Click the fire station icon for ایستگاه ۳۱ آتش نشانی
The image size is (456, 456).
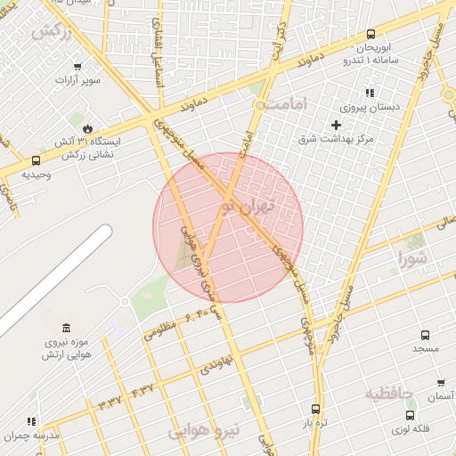point(87,127)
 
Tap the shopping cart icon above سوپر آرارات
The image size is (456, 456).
point(77,67)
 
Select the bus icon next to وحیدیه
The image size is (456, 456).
point(36,161)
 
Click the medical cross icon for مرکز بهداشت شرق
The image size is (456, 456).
point(336,125)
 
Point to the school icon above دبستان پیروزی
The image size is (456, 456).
point(370,93)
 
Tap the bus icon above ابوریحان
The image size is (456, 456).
point(370,35)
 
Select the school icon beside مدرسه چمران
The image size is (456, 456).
point(32,421)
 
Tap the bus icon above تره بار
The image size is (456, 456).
point(315,409)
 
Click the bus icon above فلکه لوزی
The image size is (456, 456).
point(411,414)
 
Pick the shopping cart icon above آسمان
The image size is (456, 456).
point(441,383)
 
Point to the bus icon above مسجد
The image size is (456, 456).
point(425,336)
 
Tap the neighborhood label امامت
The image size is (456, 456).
point(291,104)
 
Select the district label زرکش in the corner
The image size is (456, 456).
point(51,32)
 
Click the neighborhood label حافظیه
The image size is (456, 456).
point(390,392)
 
